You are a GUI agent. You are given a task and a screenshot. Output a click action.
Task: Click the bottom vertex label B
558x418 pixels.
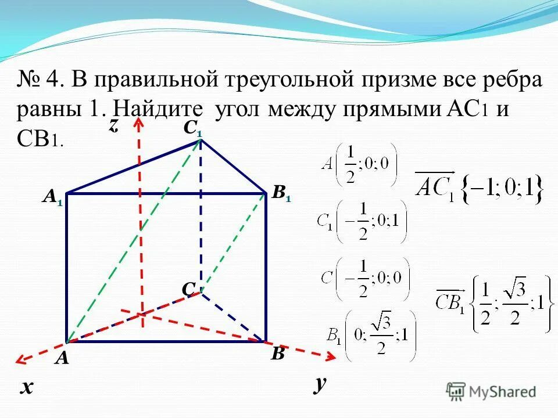click(x=278, y=354)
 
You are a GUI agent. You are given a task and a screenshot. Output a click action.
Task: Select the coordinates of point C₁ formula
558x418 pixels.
click(x=362, y=221)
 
